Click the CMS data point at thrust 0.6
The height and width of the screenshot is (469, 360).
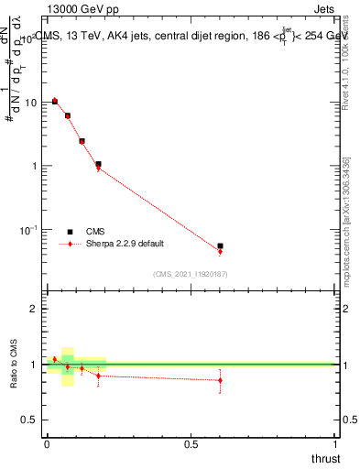[x=220, y=246]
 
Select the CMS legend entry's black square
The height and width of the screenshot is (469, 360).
[x=70, y=232]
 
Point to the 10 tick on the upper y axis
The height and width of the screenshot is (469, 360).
[x=34, y=103]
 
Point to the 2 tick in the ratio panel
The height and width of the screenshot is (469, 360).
[x=34, y=309]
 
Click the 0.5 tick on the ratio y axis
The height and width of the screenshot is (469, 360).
[x=30, y=420]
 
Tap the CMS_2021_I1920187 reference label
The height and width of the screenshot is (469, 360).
[x=191, y=273]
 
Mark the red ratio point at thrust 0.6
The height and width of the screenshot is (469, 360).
[x=220, y=379]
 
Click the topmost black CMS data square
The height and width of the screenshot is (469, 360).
[x=55, y=102]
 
